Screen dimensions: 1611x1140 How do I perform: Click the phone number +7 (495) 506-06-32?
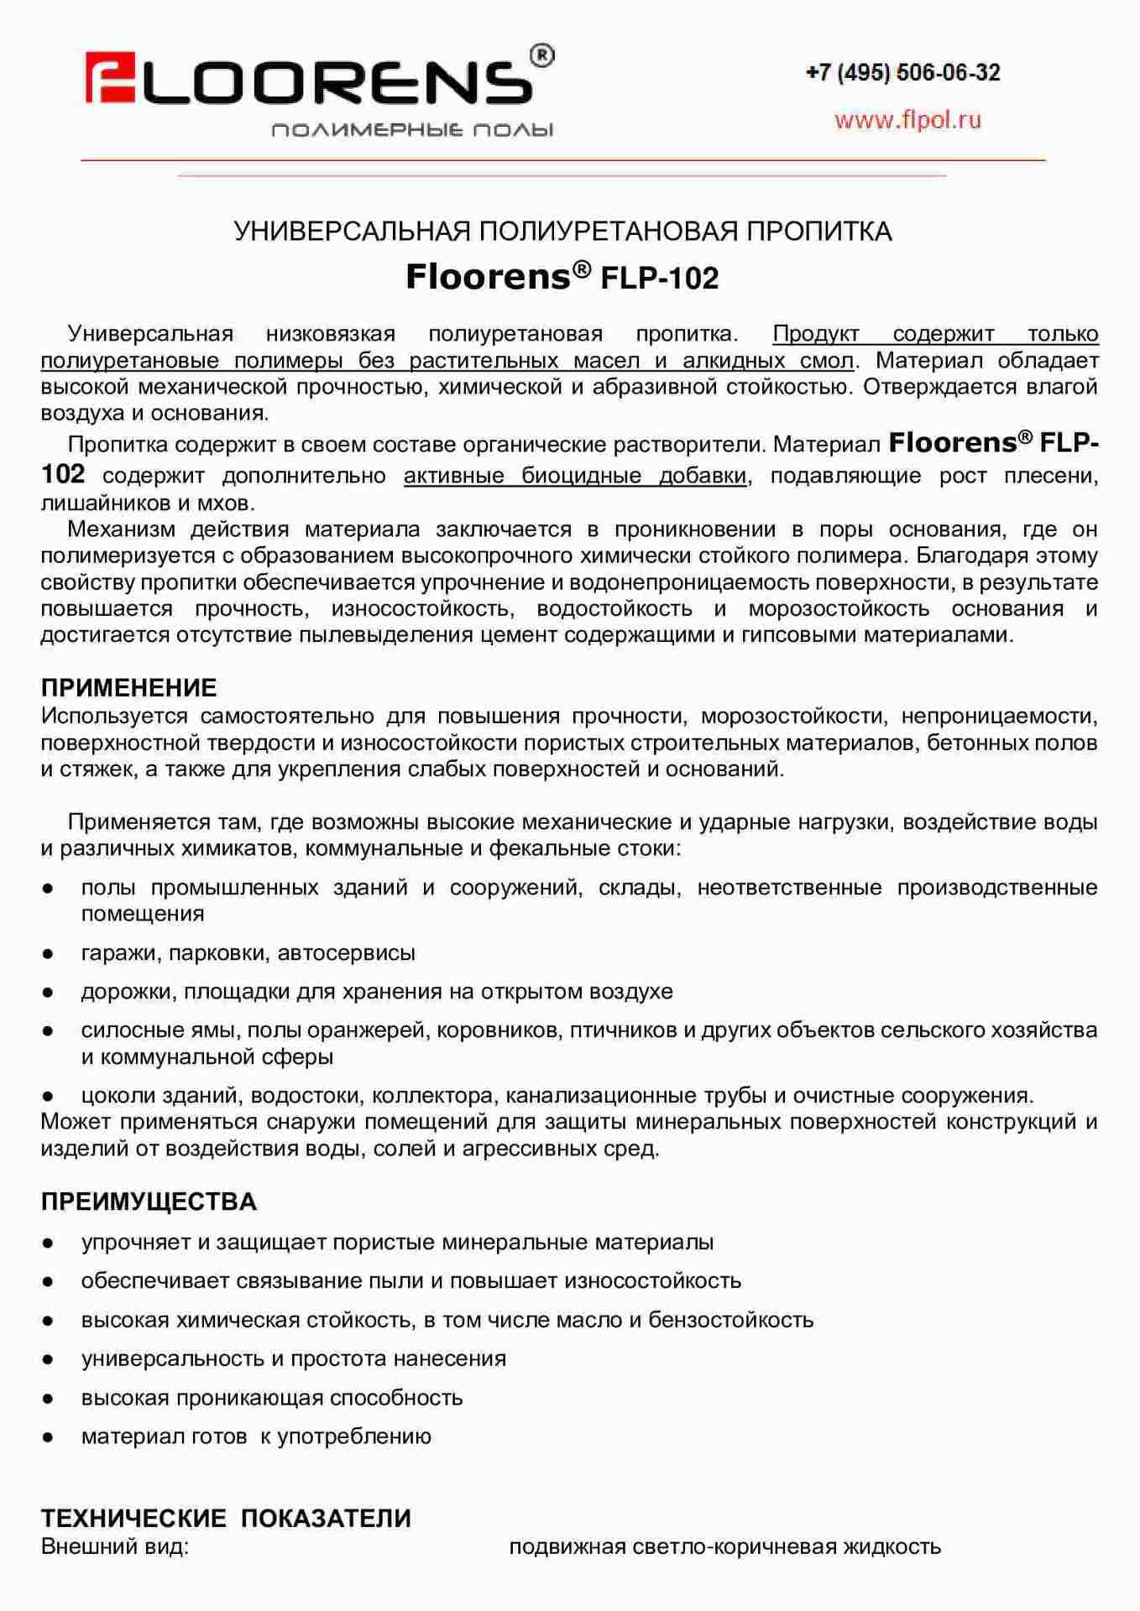tap(902, 73)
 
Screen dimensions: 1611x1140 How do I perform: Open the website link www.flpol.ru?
tap(907, 120)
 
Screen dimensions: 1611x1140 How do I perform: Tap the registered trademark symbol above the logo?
tap(542, 55)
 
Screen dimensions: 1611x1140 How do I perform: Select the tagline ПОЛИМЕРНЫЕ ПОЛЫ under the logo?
tap(412, 130)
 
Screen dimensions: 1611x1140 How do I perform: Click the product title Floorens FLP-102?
tap(562, 277)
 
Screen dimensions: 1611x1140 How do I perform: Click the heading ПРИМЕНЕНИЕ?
tap(128, 688)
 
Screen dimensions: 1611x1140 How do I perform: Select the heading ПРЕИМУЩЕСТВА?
tap(149, 1202)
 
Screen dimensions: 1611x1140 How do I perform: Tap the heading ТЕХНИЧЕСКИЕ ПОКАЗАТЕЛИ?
tap(226, 1518)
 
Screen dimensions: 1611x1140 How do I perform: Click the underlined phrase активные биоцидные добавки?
tap(575, 476)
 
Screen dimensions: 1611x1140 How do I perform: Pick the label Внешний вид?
tap(115, 1546)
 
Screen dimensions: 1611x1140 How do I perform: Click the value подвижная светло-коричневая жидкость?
tap(724, 1546)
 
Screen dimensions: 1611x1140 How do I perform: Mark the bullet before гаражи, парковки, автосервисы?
tap(49, 953)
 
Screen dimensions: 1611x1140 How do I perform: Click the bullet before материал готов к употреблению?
tap(49, 1437)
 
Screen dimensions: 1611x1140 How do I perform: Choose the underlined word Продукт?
tap(815, 334)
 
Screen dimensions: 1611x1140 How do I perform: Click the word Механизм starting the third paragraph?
tap(121, 529)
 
